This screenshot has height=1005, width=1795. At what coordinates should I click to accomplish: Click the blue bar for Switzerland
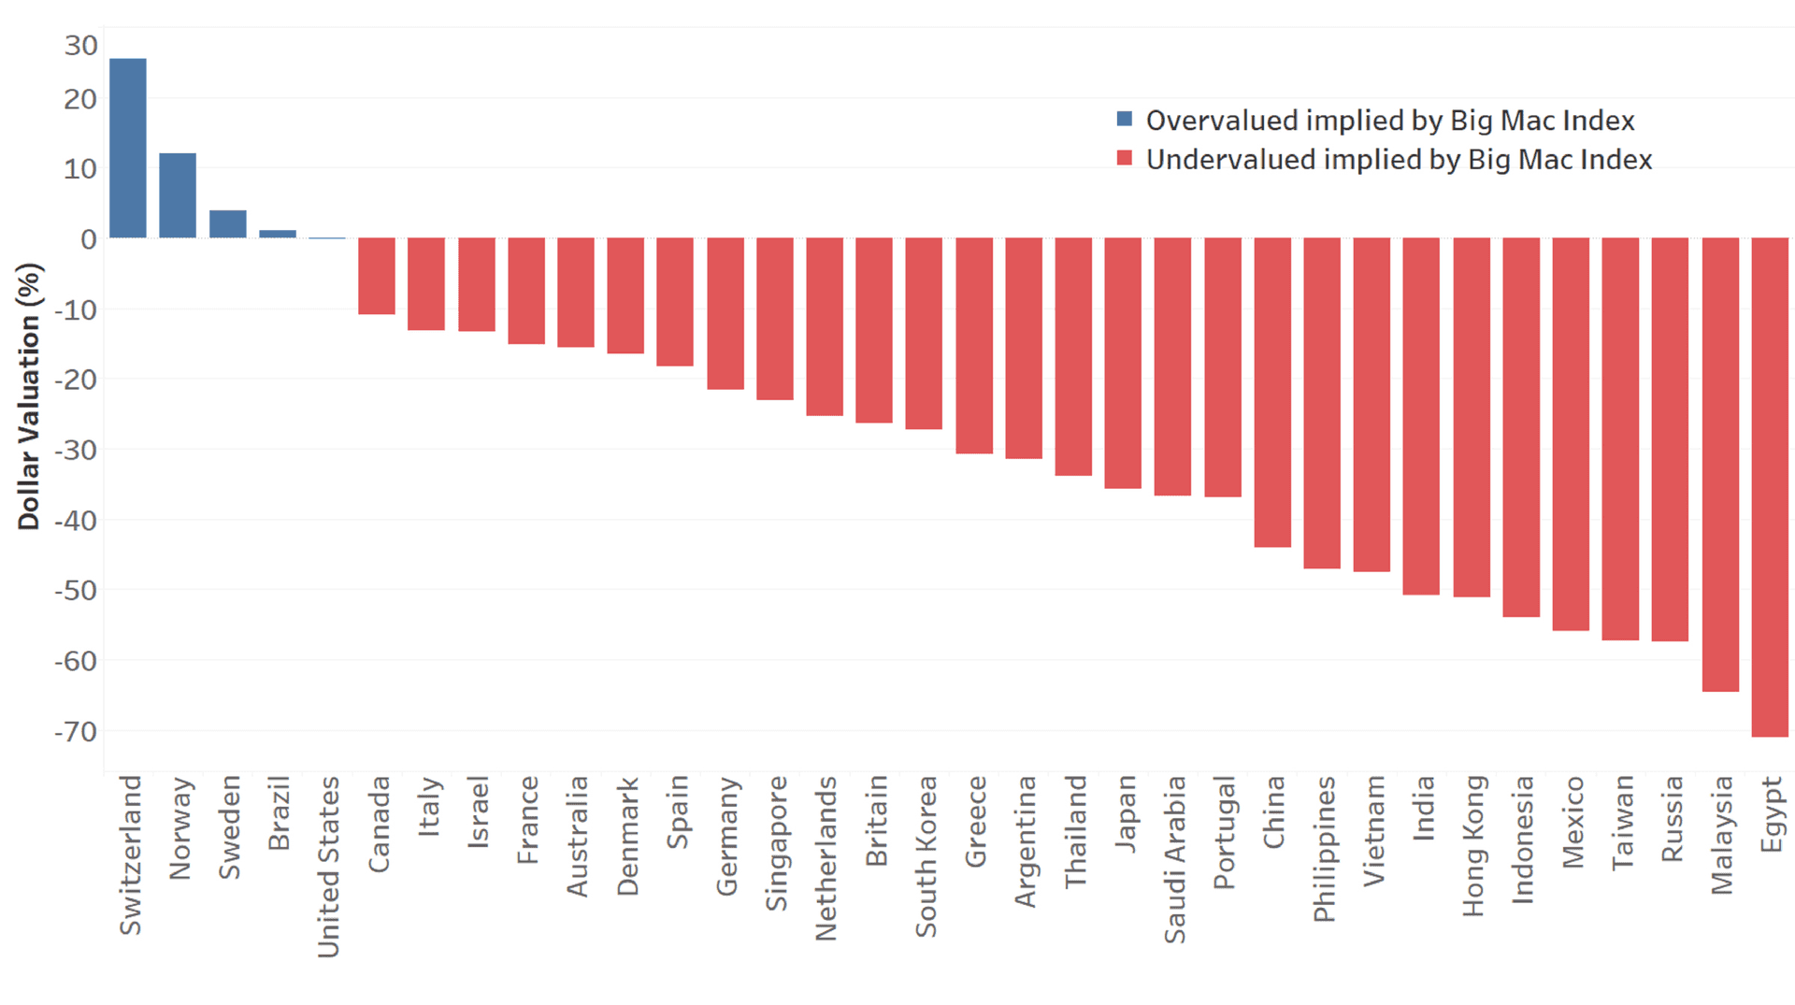(128, 148)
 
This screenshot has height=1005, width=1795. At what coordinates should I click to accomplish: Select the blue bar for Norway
(178, 194)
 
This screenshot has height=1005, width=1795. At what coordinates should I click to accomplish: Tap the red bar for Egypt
(1770, 486)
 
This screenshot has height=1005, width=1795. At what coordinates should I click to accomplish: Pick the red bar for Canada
(377, 276)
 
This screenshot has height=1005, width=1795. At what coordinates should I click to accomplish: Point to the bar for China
(1272, 392)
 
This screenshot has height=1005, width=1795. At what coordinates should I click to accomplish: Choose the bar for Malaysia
(1720, 464)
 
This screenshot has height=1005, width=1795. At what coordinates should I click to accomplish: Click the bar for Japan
(1123, 363)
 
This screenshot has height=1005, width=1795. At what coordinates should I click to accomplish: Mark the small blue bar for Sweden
(228, 224)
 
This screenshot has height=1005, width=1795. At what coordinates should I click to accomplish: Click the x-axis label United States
(328, 867)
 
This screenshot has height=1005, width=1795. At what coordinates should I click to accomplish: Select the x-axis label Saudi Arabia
(1174, 859)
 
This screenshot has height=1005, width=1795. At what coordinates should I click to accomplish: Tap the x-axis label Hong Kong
(1473, 846)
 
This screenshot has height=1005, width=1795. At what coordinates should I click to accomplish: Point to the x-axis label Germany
(726, 836)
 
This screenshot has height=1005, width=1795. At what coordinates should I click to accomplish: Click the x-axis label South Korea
(926, 856)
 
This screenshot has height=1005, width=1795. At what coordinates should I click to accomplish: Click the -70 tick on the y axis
(76, 732)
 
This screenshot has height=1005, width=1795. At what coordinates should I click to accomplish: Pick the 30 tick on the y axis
(80, 46)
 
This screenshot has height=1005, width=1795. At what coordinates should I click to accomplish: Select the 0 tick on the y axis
(88, 239)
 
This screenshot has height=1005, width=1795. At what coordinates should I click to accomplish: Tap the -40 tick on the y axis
(76, 521)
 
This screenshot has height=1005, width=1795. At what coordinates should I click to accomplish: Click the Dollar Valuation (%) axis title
(29, 396)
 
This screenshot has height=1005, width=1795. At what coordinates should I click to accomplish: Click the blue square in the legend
(1125, 119)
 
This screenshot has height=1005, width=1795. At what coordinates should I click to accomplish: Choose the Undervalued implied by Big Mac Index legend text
(1399, 160)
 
